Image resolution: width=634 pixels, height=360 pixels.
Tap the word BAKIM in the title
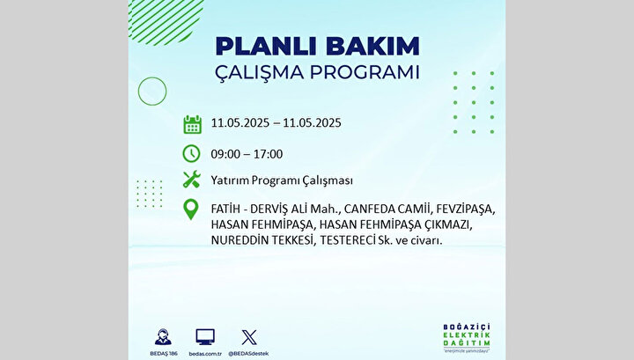[x=373, y=46]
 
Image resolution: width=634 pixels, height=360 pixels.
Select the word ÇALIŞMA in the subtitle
[x=259, y=73]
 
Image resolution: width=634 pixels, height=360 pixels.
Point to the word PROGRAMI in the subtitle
[x=365, y=72]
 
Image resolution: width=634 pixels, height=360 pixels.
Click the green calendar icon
[x=192, y=124]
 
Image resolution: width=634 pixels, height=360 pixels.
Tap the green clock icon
[x=191, y=153]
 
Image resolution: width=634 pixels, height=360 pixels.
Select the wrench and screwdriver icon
[x=192, y=180]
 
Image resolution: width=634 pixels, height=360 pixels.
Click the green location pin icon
[x=191, y=209]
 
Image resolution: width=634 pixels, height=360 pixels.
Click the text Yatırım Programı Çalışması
[x=282, y=180]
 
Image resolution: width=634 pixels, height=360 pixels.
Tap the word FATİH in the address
[x=225, y=209]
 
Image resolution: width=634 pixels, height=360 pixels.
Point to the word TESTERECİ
[x=347, y=240]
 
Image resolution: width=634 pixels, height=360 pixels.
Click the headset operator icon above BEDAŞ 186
[x=164, y=337]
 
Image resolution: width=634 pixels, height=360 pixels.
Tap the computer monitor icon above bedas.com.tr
[x=205, y=337]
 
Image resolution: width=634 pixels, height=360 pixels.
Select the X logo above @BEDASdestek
[x=248, y=337]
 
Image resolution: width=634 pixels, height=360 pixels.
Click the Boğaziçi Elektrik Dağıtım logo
[x=466, y=338]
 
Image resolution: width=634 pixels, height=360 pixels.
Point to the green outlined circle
[x=138, y=92]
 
